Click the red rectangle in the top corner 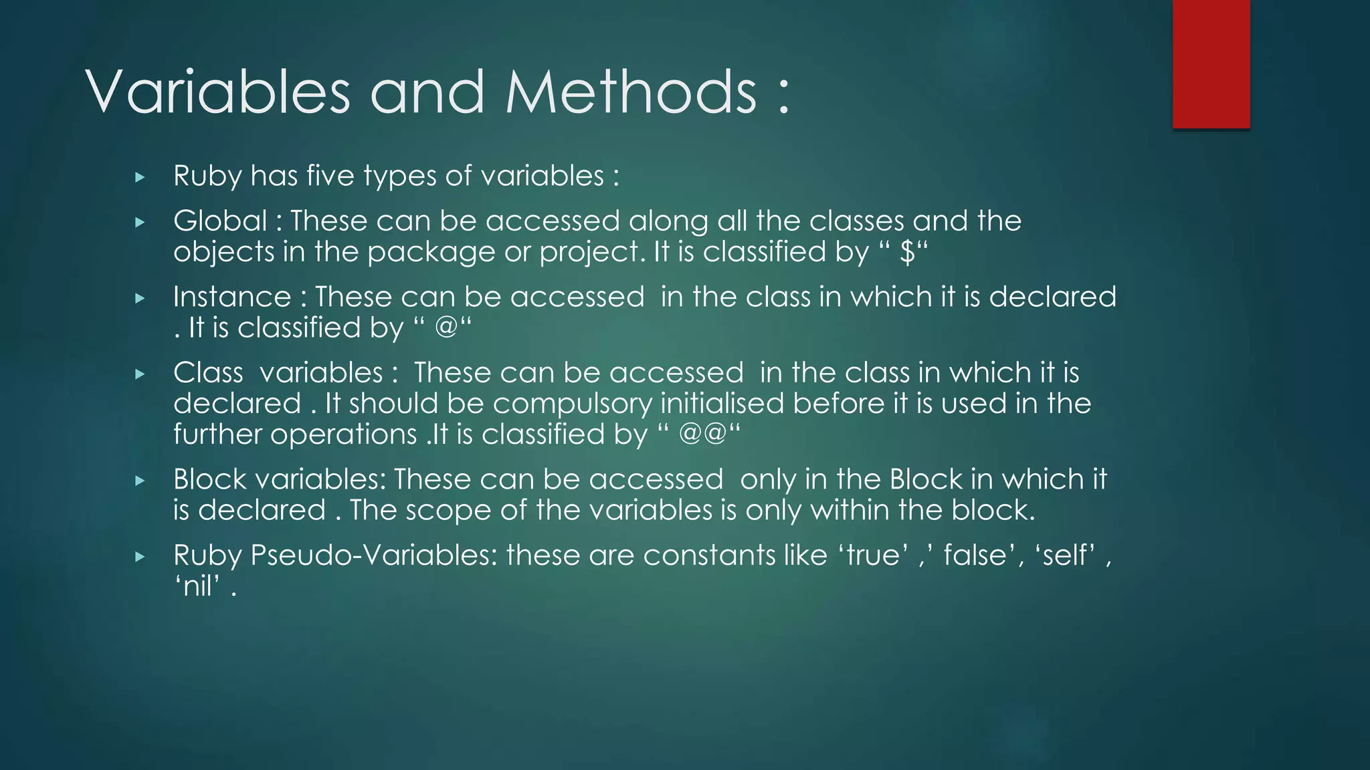1211,63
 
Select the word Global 220,221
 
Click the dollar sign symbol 907,253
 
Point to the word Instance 232,297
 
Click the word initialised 722,404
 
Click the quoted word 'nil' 197,586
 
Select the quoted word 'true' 873,555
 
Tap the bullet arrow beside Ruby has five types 140,177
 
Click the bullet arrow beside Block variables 140,481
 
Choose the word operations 343,434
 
